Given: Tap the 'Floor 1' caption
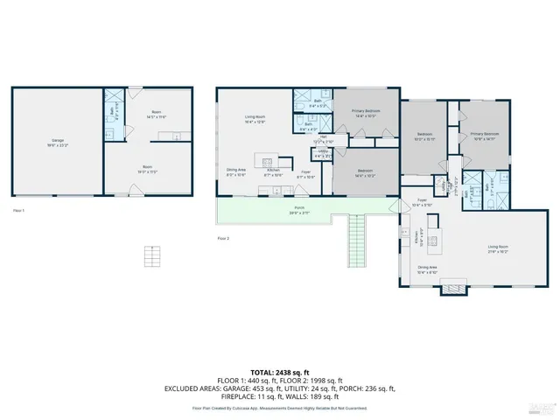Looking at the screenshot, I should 18,211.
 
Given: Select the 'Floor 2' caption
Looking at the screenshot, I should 223,237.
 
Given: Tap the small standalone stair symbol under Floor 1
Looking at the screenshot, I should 153,257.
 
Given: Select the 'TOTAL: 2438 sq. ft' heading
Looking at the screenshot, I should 279,374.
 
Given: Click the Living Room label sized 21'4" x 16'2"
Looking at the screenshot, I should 498,248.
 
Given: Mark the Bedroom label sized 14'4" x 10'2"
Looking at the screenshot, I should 365,172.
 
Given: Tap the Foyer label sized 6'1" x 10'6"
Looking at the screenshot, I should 306,174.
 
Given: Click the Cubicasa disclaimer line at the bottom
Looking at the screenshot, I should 279,408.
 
